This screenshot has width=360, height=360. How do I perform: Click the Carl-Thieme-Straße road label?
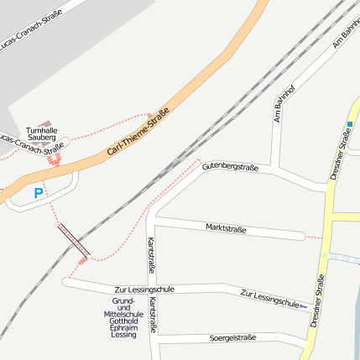coord(139,132)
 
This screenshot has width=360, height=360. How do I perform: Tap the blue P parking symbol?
coord(38,194)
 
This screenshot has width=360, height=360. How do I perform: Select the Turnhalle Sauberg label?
coord(41,135)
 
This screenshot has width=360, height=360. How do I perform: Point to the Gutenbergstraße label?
coord(230,167)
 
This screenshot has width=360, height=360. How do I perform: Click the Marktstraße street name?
coord(226,228)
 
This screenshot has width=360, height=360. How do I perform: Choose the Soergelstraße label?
coord(232,337)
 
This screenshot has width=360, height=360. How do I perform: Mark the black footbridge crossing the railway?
coord(74,240)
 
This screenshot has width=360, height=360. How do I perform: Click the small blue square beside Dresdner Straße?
coord(349,124)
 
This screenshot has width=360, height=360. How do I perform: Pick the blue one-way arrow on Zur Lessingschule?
coord(302,305)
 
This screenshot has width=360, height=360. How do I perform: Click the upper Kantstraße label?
coord(151,255)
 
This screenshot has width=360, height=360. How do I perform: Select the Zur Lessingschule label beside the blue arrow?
coord(269,297)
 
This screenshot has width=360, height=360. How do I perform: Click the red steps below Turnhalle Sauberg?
coord(55,159)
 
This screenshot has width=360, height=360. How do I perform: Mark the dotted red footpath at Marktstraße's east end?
coord(312,237)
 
